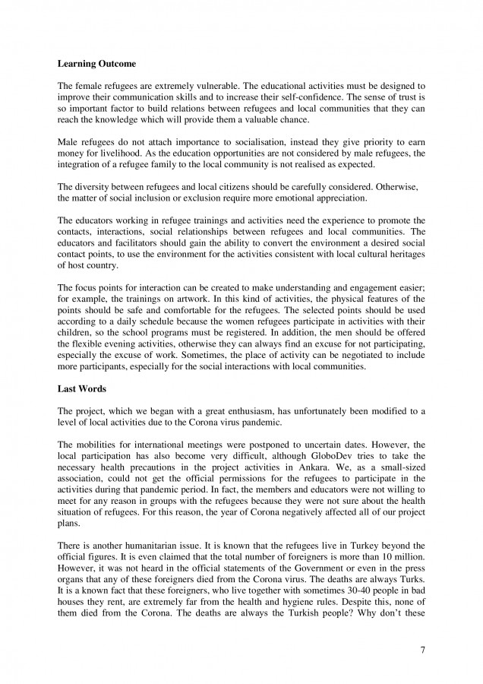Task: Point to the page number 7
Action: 422,651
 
